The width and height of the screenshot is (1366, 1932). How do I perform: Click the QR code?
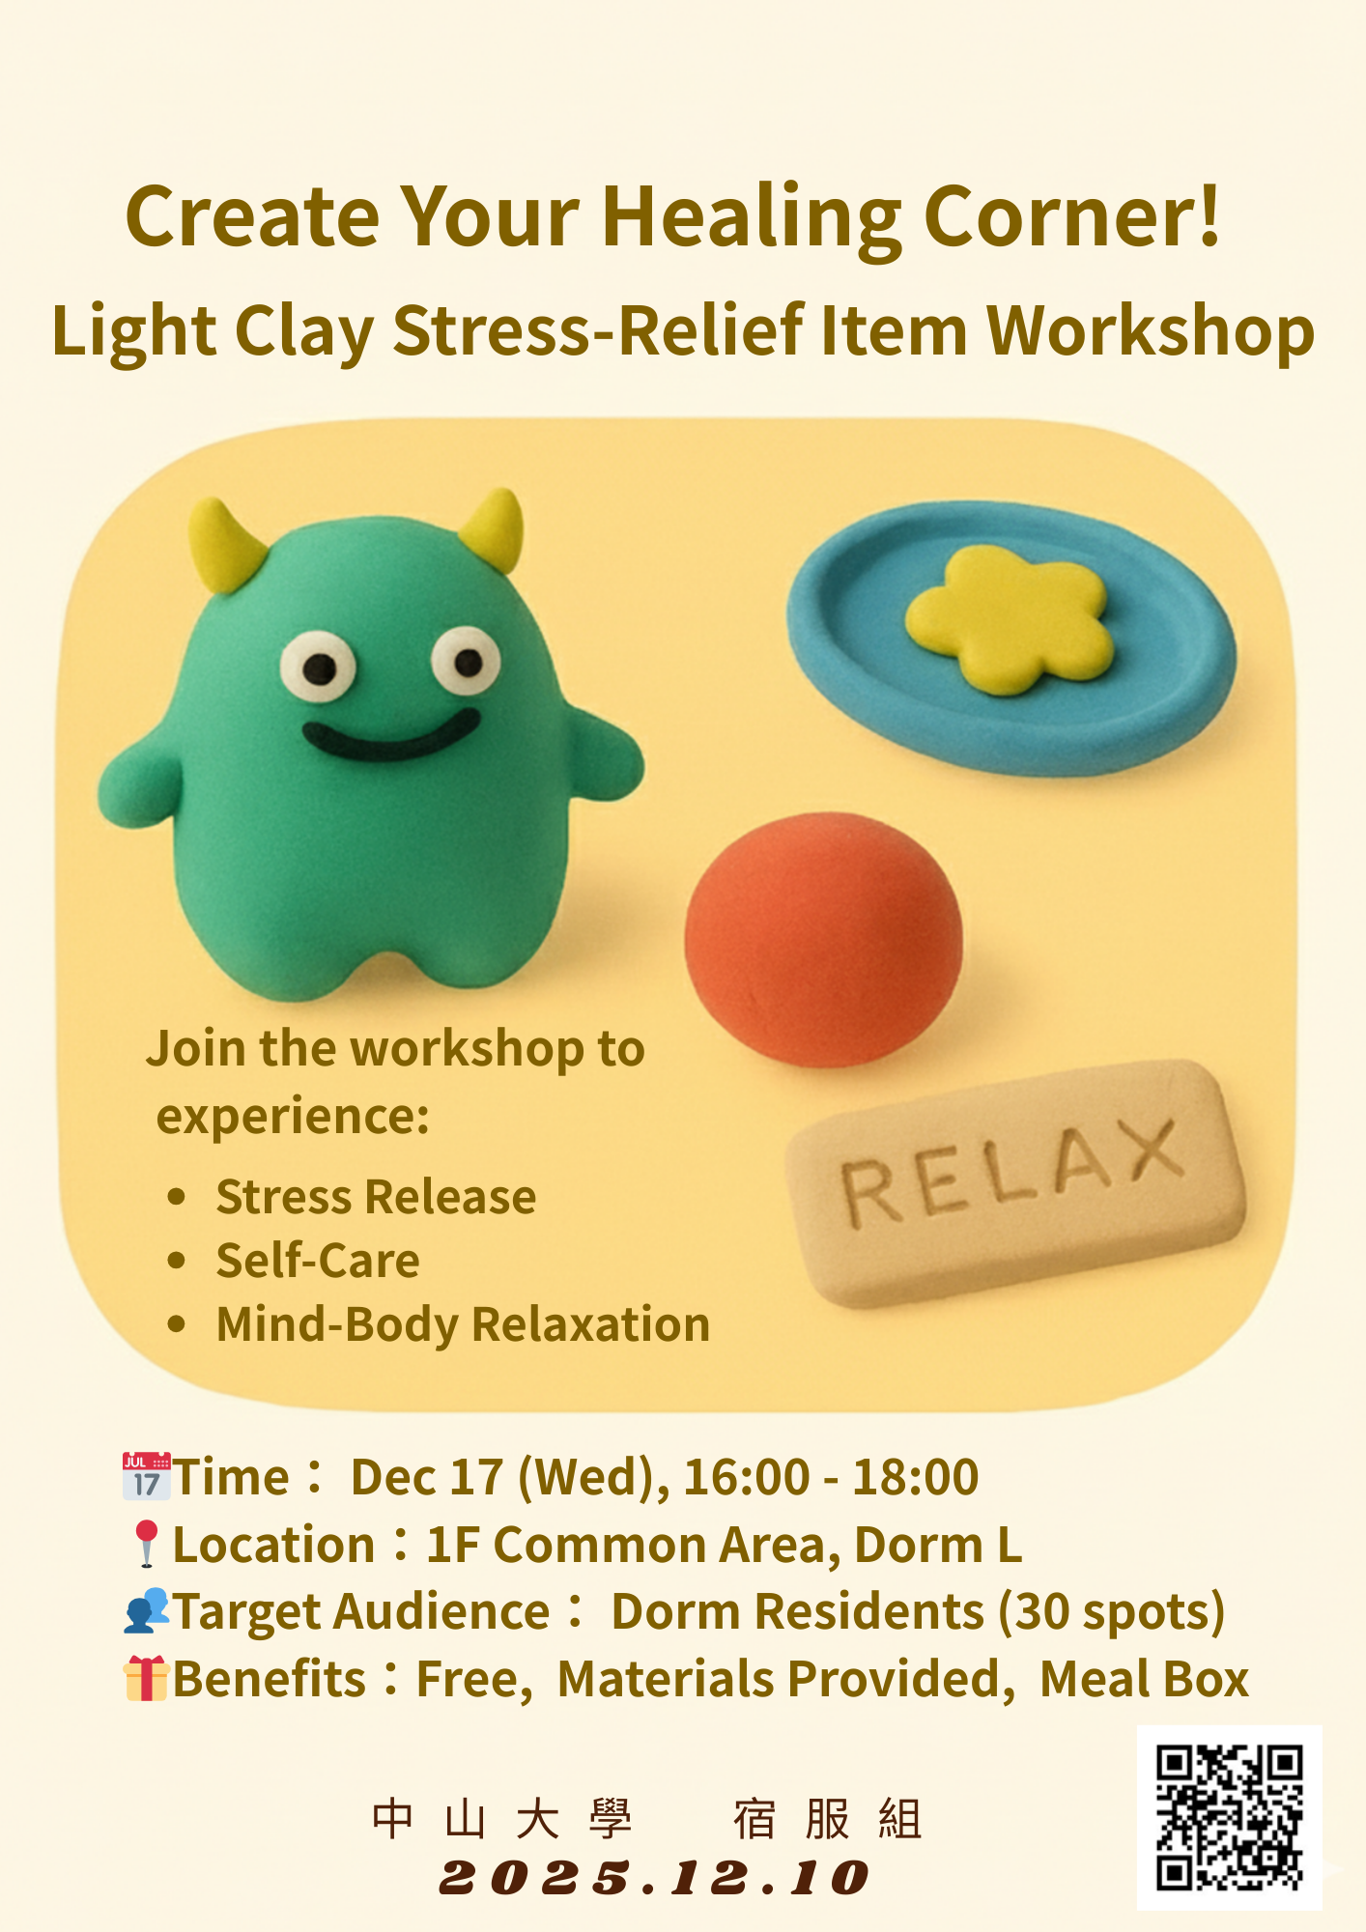coord(1230,1817)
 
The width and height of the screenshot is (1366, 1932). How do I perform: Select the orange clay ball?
coord(824,940)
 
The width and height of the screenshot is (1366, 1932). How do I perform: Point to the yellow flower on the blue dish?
coord(1010,619)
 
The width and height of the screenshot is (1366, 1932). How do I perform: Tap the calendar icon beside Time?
coord(147,1476)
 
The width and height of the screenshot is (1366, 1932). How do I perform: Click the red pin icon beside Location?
coord(147,1544)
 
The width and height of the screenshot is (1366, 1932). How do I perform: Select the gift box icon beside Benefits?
coord(147,1678)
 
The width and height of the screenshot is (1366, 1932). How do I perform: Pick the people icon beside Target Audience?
coord(147,1611)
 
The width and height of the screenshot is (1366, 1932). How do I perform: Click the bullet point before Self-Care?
coord(176,1261)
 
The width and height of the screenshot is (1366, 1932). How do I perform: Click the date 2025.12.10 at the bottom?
coord(654,1878)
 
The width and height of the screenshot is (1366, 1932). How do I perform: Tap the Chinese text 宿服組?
coord(828,1820)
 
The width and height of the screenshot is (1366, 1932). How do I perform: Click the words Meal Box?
coord(1145,1679)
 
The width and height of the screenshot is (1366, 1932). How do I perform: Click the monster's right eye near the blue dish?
coord(467,661)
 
